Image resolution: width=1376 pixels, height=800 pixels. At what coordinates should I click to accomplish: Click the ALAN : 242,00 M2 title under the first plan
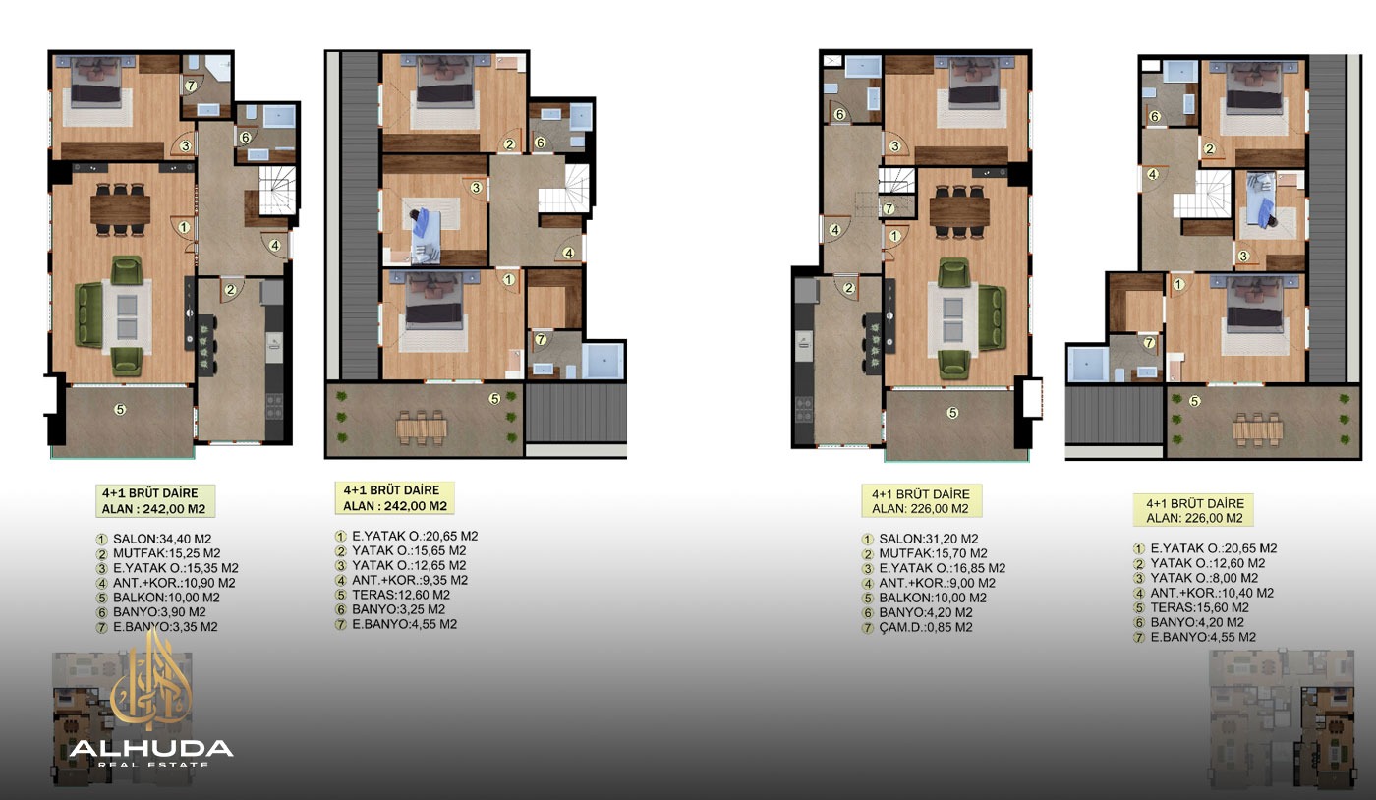click(x=153, y=509)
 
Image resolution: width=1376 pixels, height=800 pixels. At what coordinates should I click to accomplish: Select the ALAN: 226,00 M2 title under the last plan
click(x=1195, y=518)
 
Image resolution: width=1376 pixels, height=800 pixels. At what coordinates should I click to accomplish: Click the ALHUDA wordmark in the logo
click(x=151, y=749)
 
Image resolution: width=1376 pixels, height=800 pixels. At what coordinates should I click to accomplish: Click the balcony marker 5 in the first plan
click(x=120, y=409)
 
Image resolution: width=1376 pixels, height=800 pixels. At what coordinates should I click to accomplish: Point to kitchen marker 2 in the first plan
click(x=230, y=289)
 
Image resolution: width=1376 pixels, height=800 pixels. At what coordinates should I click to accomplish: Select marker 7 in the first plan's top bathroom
click(x=191, y=86)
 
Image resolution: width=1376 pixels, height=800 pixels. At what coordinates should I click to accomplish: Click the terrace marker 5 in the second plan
click(x=494, y=399)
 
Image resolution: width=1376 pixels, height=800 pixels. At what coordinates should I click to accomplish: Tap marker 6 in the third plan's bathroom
click(x=839, y=114)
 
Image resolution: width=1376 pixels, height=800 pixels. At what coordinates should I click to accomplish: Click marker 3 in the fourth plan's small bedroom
click(x=1243, y=257)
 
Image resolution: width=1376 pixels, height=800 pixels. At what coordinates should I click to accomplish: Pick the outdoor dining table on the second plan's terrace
click(x=422, y=428)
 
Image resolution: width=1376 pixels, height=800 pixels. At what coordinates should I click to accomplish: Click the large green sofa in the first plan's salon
click(x=89, y=314)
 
